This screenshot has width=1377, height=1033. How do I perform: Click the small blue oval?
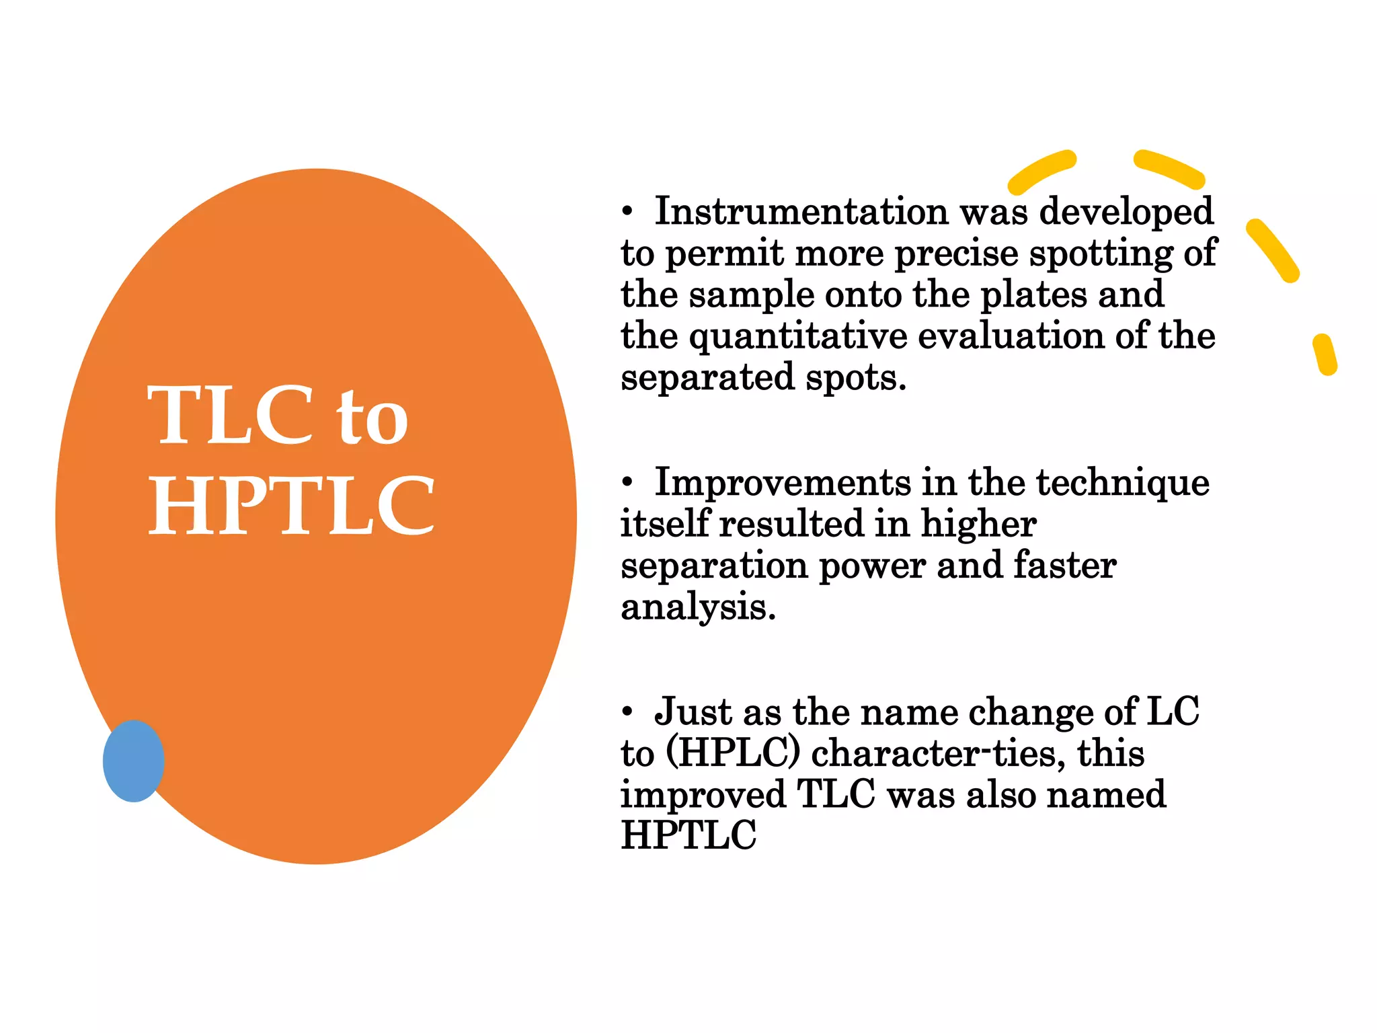133,761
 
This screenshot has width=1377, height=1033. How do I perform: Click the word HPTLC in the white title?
291,506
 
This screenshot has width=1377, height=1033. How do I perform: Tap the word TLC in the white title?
230,415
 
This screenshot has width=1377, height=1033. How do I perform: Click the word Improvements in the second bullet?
782,482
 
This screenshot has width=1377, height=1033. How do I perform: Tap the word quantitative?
798,336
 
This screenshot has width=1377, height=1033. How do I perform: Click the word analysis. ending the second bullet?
698,607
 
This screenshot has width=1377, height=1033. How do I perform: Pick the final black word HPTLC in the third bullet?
688,835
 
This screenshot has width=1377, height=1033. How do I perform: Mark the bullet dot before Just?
627,712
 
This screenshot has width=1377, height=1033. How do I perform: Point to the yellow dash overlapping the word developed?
1041,171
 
